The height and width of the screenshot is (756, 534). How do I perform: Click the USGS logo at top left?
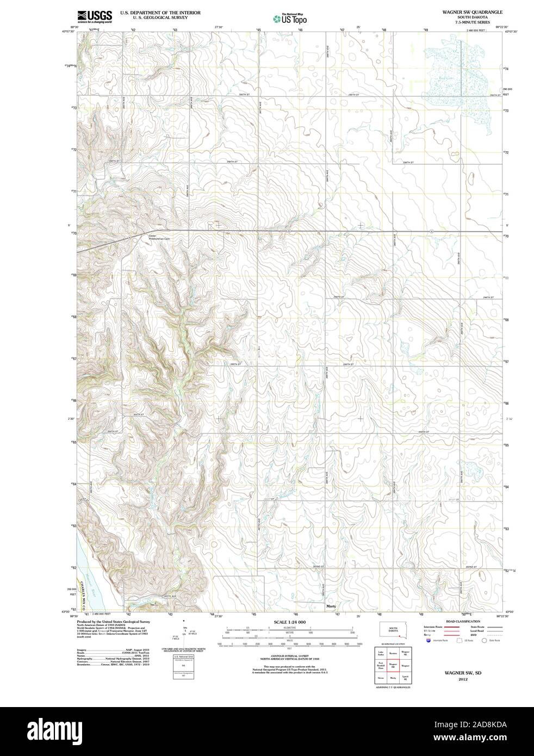pos(95,16)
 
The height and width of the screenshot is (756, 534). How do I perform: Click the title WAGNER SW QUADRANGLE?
pos(472,11)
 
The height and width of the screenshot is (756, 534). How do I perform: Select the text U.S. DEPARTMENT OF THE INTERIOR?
pos(160,12)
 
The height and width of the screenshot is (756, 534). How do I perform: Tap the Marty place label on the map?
pos(331,605)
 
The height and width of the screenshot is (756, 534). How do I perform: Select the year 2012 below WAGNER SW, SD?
pos(463,679)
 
